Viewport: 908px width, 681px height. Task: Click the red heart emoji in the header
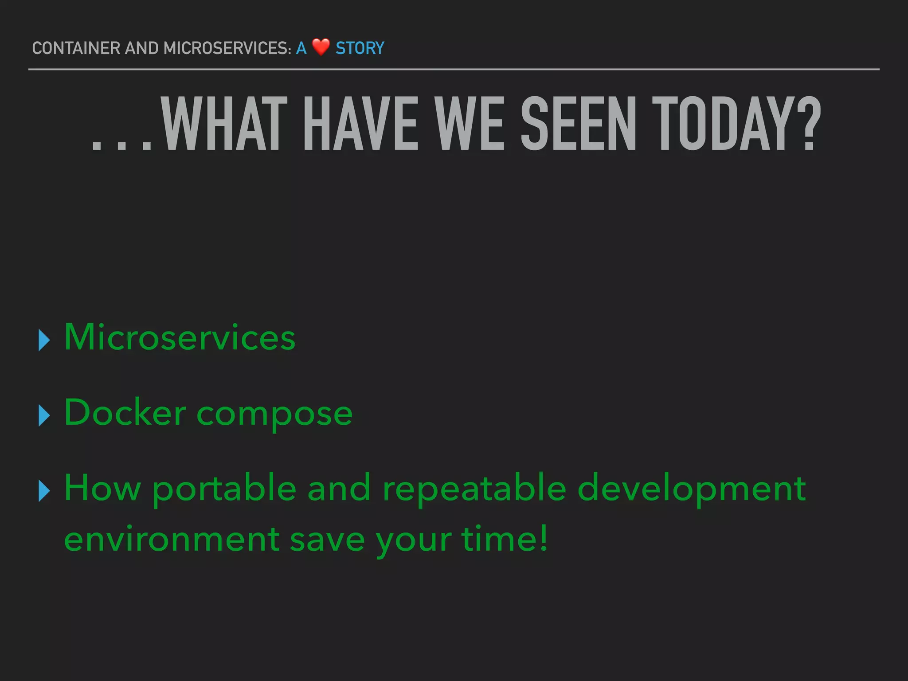pyautogui.click(x=321, y=47)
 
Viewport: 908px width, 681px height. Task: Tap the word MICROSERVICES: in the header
pyautogui.click(x=227, y=48)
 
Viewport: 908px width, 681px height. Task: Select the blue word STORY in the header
pyautogui.click(x=360, y=48)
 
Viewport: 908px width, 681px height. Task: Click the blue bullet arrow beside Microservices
pyautogui.click(x=44, y=340)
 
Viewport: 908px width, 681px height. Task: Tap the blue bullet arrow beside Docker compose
pyautogui.click(x=44, y=415)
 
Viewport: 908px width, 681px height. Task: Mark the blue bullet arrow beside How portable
pyautogui.click(x=44, y=491)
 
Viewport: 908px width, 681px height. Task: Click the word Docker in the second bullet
pyautogui.click(x=125, y=412)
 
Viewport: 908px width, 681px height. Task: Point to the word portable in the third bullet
pyautogui.click(x=224, y=489)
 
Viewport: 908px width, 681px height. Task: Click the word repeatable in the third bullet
pyautogui.click(x=474, y=489)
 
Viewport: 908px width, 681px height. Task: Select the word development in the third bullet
pyautogui.click(x=692, y=489)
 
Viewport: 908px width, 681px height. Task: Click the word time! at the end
pyautogui.click(x=505, y=538)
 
